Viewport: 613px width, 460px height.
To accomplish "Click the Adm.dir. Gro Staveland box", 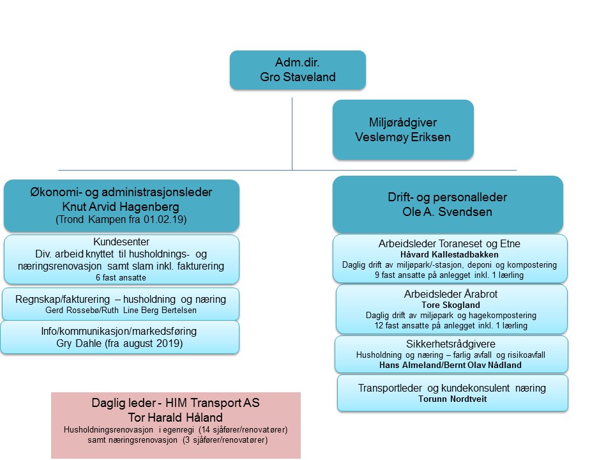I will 298,70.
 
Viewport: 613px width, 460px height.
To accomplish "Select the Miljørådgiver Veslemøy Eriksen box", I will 403,129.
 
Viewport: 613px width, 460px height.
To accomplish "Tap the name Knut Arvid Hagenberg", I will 121,206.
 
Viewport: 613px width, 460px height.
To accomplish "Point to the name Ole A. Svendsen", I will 448,211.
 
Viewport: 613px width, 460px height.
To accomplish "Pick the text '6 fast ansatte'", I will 121,277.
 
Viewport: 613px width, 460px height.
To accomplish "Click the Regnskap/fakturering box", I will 121,304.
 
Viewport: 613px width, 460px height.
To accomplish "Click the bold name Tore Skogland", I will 451,305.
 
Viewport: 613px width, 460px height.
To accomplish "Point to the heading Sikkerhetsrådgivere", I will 451,344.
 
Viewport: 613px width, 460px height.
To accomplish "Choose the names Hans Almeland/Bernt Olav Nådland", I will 451,365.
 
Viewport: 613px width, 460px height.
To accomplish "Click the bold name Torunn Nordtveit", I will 451,399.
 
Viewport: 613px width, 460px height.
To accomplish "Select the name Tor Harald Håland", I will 175,417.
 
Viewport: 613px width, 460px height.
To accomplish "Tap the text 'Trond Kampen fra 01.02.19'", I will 121,220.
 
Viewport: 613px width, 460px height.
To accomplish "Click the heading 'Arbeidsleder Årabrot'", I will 451,294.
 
